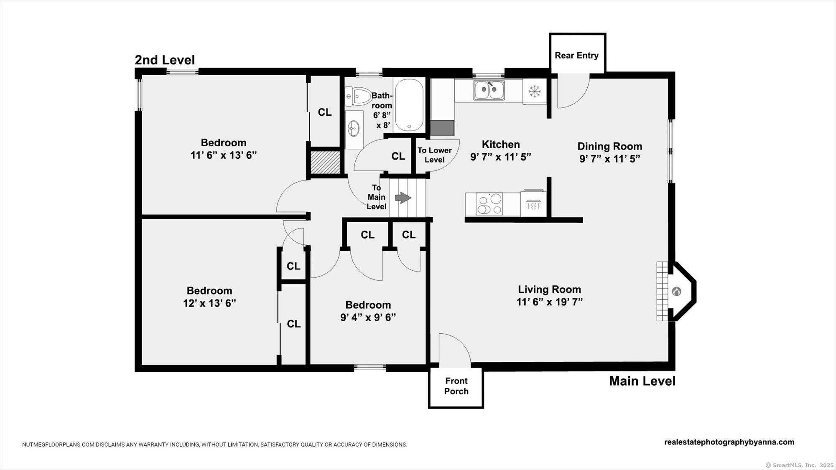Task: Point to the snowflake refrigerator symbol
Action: (535, 91)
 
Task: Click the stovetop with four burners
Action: (489, 204)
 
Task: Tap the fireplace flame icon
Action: (676, 291)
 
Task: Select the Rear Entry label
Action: (576, 56)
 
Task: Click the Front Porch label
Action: (456, 386)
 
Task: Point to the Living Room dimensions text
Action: (550, 302)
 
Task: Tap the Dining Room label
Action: (610, 146)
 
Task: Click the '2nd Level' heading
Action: (165, 60)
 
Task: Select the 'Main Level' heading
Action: (642, 381)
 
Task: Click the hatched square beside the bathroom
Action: (325, 162)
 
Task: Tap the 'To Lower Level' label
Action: (435, 155)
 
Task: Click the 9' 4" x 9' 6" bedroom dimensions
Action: (368, 318)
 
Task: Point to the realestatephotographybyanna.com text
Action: (729, 442)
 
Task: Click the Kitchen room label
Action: (501, 145)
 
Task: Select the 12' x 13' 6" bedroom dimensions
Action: (209, 303)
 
